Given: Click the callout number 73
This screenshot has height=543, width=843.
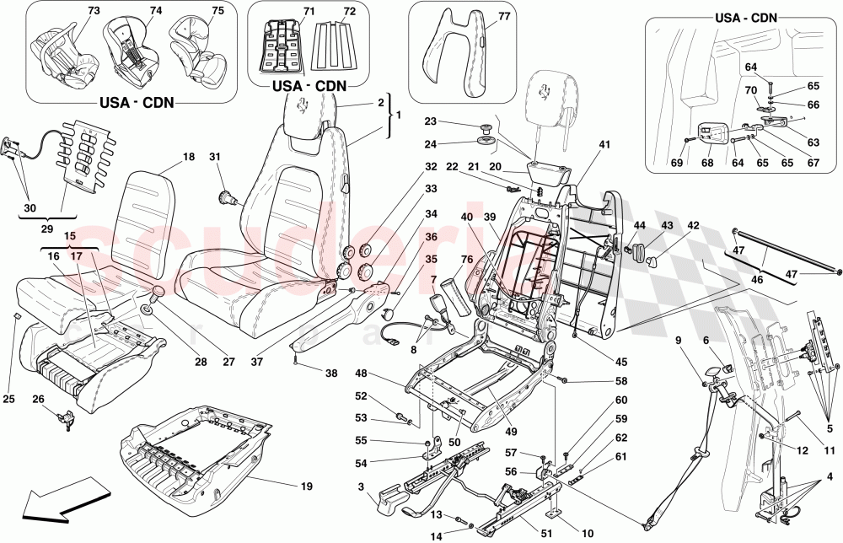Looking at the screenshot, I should coord(70,10).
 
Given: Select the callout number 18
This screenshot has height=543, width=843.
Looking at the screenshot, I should coord(188,157).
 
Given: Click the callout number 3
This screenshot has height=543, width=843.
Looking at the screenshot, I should coord(361,487).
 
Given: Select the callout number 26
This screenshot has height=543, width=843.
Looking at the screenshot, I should coord(38,400).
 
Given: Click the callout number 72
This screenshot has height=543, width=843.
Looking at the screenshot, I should coord(326,11).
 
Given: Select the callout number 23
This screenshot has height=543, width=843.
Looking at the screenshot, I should coord(453,121).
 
